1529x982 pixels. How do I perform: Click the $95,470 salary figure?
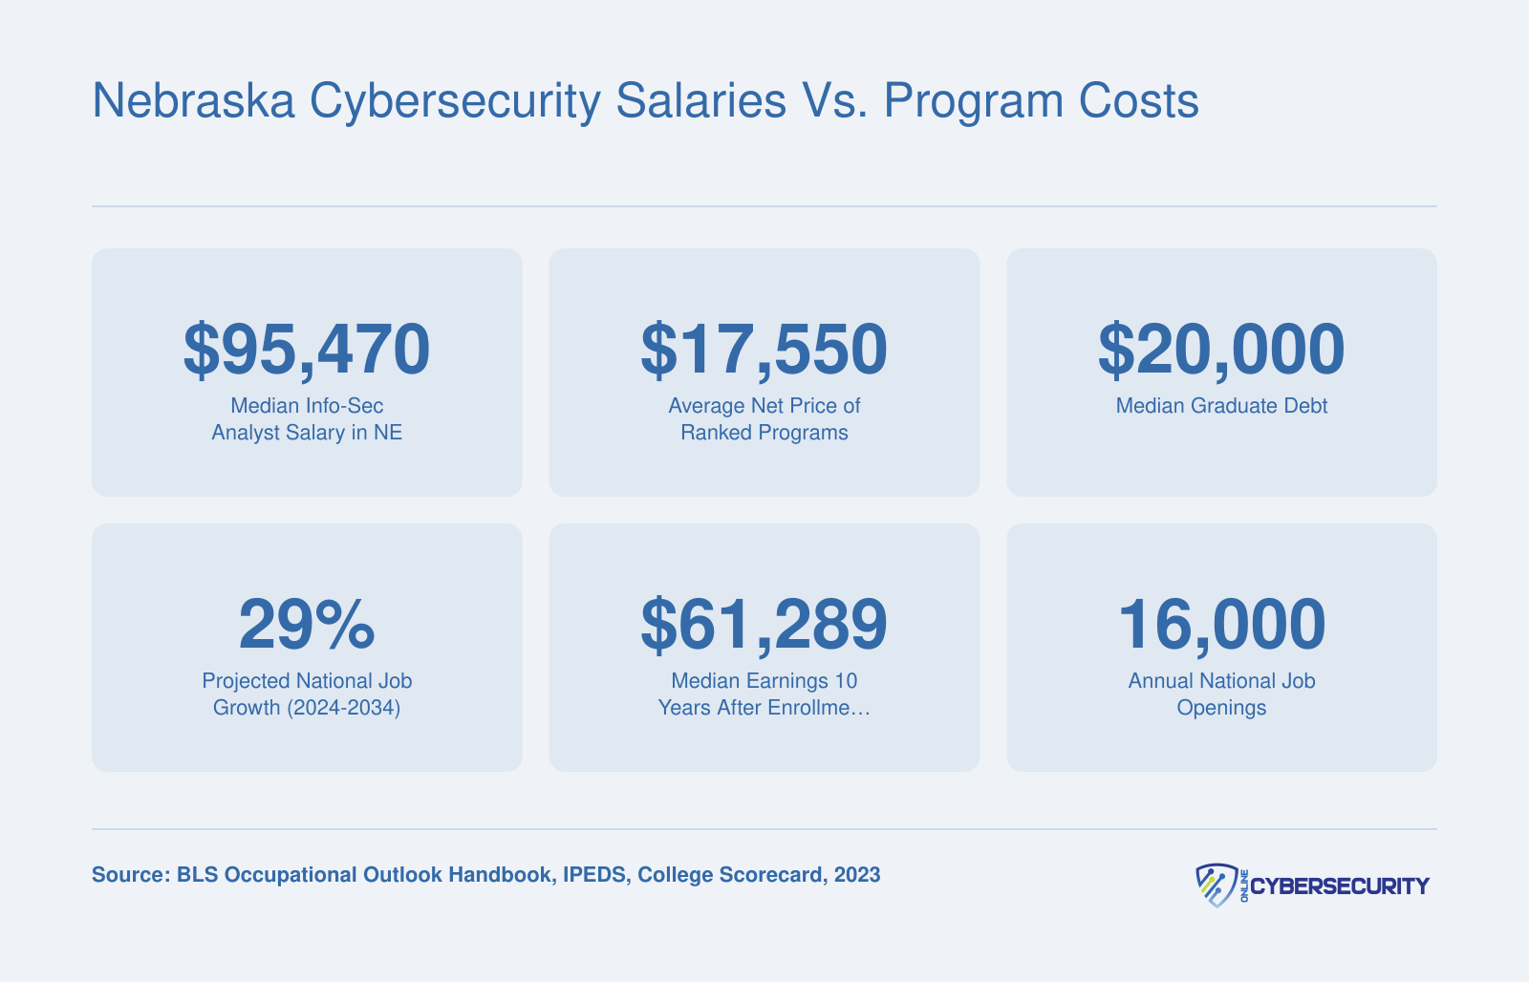(307, 350)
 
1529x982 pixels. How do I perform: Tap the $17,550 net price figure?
(764, 350)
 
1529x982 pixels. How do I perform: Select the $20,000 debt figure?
(1221, 350)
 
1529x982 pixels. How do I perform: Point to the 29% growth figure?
(307, 624)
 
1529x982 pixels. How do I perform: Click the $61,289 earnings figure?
(764, 625)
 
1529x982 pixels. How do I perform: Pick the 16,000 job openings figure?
(1221, 625)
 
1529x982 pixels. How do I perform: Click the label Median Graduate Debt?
(1221, 406)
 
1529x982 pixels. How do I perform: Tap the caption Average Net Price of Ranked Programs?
(764, 419)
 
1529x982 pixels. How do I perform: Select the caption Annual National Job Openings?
(1221, 694)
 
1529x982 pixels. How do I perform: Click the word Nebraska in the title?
(193, 101)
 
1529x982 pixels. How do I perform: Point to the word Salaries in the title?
(701, 101)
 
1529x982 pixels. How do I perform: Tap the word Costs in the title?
(1138, 101)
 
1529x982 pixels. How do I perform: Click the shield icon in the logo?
(1217, 886)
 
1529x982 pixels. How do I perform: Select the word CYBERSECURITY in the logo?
(1339, 886)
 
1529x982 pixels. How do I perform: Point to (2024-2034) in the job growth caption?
(343, 708)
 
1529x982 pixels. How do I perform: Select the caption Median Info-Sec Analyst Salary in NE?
(307, 419)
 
